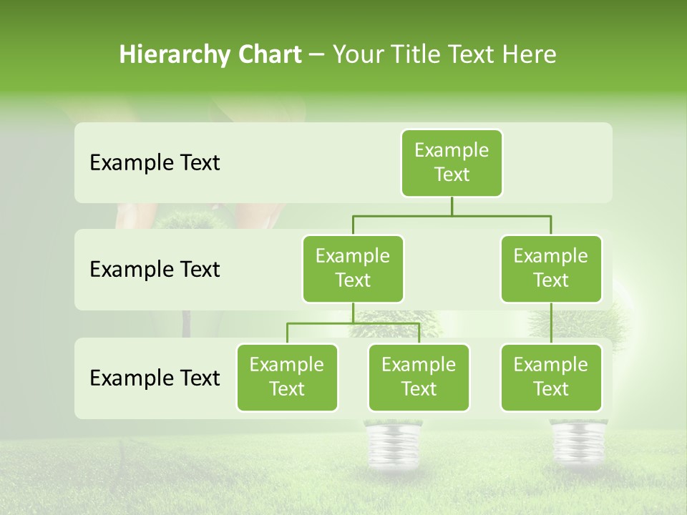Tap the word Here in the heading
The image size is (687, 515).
pyautogui.click(x=530, y=54)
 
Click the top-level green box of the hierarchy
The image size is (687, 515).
pyautogui.click(x=452, y=162)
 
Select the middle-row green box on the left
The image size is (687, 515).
pyautogui.click(x=353, y=268)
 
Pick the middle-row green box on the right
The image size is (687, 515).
pyautogui.click(x=551, y=268)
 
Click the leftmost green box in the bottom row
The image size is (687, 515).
pyautogui.click(x=287, y=377)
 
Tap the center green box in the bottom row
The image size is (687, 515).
pyautogui.click(x=419, y=377)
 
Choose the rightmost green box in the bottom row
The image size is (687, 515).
pyautogui.click(x=551, y=377)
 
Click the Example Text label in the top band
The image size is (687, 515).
pyautogui.click(x=155, y=163)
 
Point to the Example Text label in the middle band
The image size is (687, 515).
pyautogui.click(x=155, y=270)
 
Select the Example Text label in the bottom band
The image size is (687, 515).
pyautogui.click(x=155, y=378)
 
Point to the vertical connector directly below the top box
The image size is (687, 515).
pyautogui.click(x=452, y=206)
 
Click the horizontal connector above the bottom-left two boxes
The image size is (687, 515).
pyautogui.click(x=353, y=323)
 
